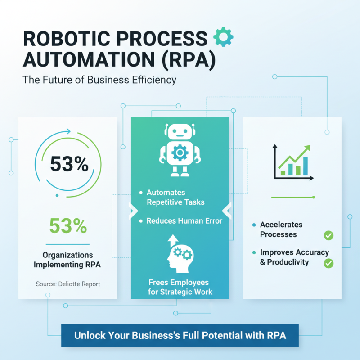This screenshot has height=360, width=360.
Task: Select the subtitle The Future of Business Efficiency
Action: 99,80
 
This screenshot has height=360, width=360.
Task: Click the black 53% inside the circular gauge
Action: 69,164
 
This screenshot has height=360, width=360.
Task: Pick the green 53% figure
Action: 68,226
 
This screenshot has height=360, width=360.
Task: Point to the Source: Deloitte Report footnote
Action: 68,284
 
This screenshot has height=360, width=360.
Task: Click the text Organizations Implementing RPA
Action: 67,260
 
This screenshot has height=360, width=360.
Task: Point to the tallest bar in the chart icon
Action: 306,166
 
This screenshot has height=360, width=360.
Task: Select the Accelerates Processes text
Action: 281,229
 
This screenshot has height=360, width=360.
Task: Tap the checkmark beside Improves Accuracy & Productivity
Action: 328,263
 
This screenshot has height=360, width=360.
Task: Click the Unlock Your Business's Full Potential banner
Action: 180,336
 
